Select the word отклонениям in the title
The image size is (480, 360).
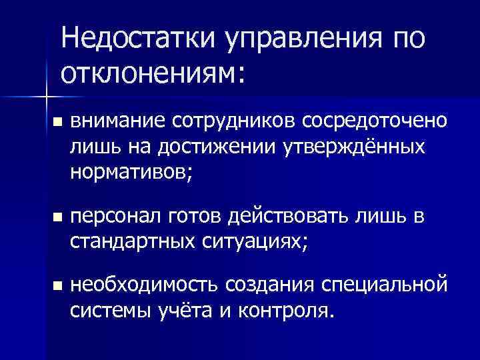click(x=148, y=71)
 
